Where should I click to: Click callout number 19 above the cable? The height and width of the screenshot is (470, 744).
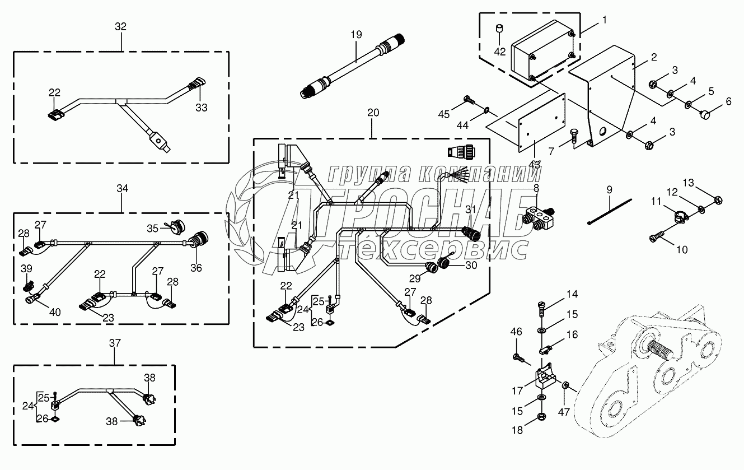click(x=357, y=34)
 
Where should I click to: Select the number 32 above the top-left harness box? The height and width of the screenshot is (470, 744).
click(x=120, y=26)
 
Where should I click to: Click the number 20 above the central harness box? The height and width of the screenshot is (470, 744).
click(x=373, y=112)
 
